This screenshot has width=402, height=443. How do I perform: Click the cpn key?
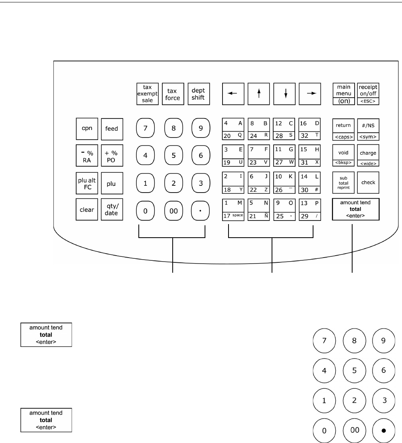87,129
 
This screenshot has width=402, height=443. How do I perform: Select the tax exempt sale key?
148,94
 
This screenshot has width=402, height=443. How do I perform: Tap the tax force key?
173,94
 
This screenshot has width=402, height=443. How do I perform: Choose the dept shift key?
199,94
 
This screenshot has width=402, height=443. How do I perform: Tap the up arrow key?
258,94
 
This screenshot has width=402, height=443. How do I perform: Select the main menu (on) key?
344,94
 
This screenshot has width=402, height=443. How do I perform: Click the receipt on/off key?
368,94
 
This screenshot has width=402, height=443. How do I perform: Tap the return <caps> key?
344,129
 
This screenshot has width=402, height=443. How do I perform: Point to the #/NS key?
368,129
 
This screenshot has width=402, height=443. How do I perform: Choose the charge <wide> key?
368,156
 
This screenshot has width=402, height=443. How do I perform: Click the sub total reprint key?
344,182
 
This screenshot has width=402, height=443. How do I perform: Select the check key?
368,182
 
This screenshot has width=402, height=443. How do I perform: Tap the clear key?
87,209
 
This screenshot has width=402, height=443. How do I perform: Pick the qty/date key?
112,209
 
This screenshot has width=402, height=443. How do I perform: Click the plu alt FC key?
87,183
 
